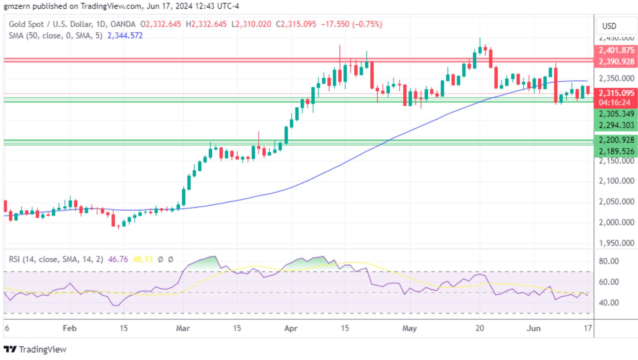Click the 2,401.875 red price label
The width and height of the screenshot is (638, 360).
[x=616, y=50]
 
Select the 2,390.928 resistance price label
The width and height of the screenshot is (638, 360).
[x=616, y=61]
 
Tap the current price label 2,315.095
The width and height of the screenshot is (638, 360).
[x=616, y=93]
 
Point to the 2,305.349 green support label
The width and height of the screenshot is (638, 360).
[x=616, y=114]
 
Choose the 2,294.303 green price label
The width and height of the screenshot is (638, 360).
[x=616, y=125]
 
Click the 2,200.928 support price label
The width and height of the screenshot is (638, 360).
[x=616, y=140]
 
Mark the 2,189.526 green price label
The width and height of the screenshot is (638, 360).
[x=616, y=151]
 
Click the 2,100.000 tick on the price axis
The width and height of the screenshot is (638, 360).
[x=616, y=181]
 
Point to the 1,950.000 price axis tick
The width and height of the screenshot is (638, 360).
[x=616, y=243]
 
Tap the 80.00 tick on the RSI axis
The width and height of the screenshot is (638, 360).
[x=609, y=261]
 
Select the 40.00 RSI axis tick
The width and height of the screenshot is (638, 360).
[x=609, y=303]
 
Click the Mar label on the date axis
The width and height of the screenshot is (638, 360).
[x=183, y=328]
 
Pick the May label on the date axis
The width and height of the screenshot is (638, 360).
[x=409, y=328]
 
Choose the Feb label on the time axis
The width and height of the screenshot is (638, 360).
[x=69, y=328]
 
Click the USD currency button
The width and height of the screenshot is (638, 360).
[x=609, y=26]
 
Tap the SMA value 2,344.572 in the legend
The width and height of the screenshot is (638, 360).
[x=125, y=36]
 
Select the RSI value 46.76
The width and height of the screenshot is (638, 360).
[x=118, y=259]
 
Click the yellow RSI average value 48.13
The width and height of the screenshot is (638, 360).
[x=142, y=259]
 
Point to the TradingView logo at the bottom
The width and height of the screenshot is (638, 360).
[x=35, y=350]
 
